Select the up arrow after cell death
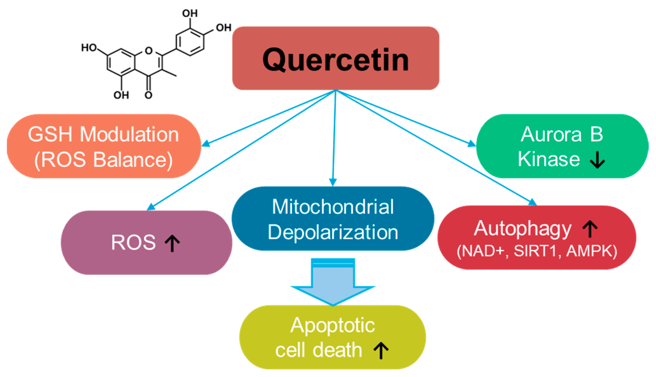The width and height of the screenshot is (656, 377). click(381, 350)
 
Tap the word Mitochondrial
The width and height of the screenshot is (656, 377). click(333, 207)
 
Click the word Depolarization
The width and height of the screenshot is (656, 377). click(333, 232)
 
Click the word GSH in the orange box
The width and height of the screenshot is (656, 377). click(50, 135)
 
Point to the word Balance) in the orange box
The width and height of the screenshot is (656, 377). click(133, 160)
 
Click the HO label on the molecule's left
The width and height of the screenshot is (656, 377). click(89, 48)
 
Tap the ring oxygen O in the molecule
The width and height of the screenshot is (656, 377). click(149, 50)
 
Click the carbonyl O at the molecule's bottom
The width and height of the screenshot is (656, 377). click(148, 95)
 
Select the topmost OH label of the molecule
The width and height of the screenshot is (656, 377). click(190, 13)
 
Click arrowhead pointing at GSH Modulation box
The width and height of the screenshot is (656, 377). click(206, 143)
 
